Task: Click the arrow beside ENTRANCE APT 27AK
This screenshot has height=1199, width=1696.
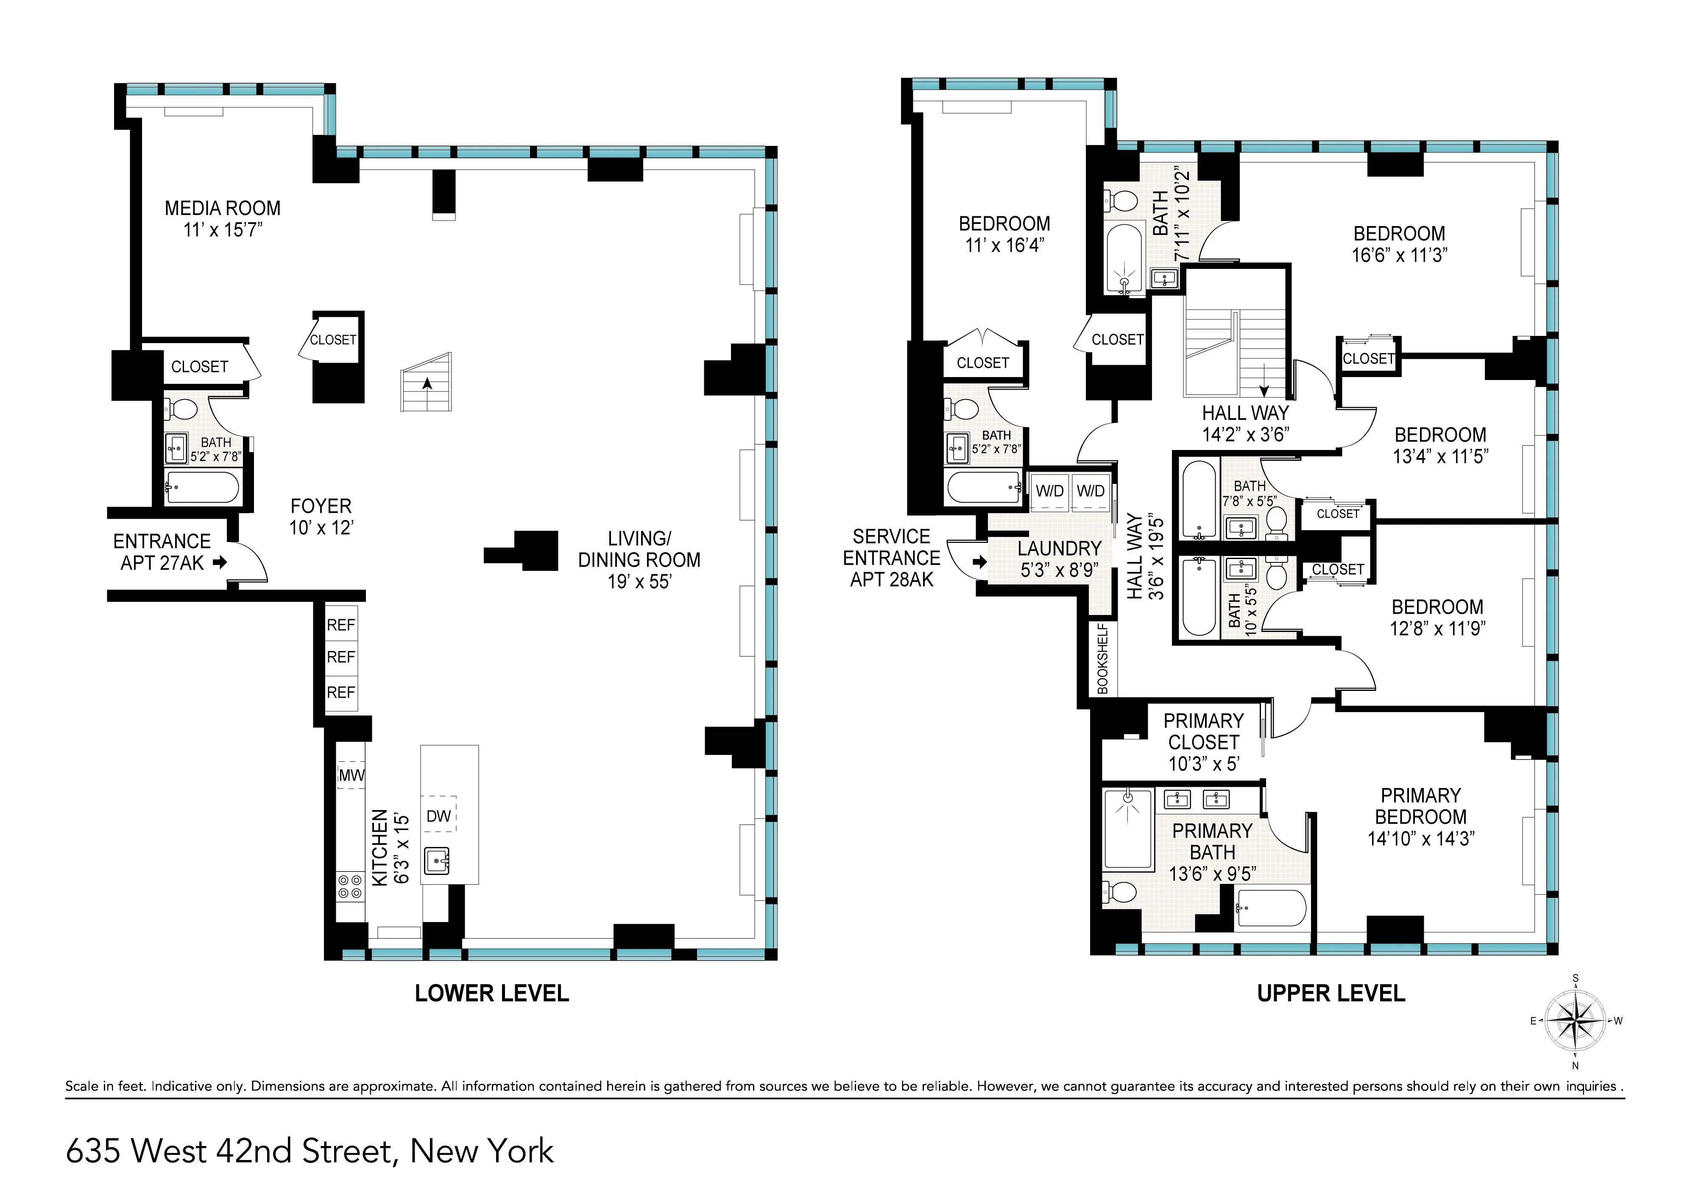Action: tap(219, 563)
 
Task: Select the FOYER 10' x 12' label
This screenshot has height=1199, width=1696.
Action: tap(321, 517)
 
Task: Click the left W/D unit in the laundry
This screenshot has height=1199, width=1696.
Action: tap(1049, 491)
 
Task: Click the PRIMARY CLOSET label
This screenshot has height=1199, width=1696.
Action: tap(1203, 731)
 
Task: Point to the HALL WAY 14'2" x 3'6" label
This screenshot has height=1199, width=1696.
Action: tap(1245, 423)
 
